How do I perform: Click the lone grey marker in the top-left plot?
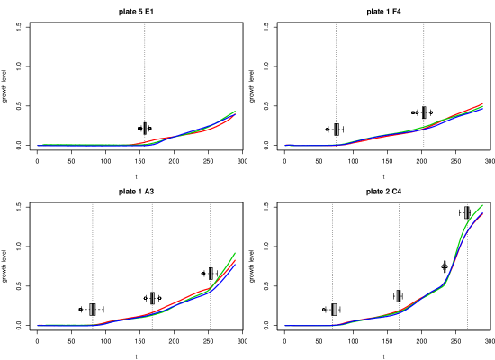[x=144, y=129]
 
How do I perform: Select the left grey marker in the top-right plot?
[x=337, y=130]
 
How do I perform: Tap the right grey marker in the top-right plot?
[x=424, y=112]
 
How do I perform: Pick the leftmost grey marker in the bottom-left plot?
[x=92, y=310]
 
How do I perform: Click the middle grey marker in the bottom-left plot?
[x=152, y=298]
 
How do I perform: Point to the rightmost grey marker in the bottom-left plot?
[x=211, y=274]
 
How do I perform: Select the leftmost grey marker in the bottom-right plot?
[x=335, y=310]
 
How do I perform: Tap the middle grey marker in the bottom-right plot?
[x=398, y=296]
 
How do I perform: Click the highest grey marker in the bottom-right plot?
[x=466, y=213]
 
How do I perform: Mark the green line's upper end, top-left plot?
[x=235, y=112]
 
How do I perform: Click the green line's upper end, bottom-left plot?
[x=235, y=253]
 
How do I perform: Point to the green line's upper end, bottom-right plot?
[x=483, y=205]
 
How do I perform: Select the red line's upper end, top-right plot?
[x=483, y=103]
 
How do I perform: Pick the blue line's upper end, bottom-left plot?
[x=235, y=264]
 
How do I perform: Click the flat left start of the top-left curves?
[x=38, y=145]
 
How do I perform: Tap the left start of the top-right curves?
[x=285, y=145]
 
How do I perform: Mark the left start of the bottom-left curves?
[x=38, y=325]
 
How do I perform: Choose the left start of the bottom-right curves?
[x=285, y=326]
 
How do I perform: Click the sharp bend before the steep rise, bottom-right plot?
[x=444, y=284]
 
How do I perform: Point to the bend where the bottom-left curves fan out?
[x=211, y=289]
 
